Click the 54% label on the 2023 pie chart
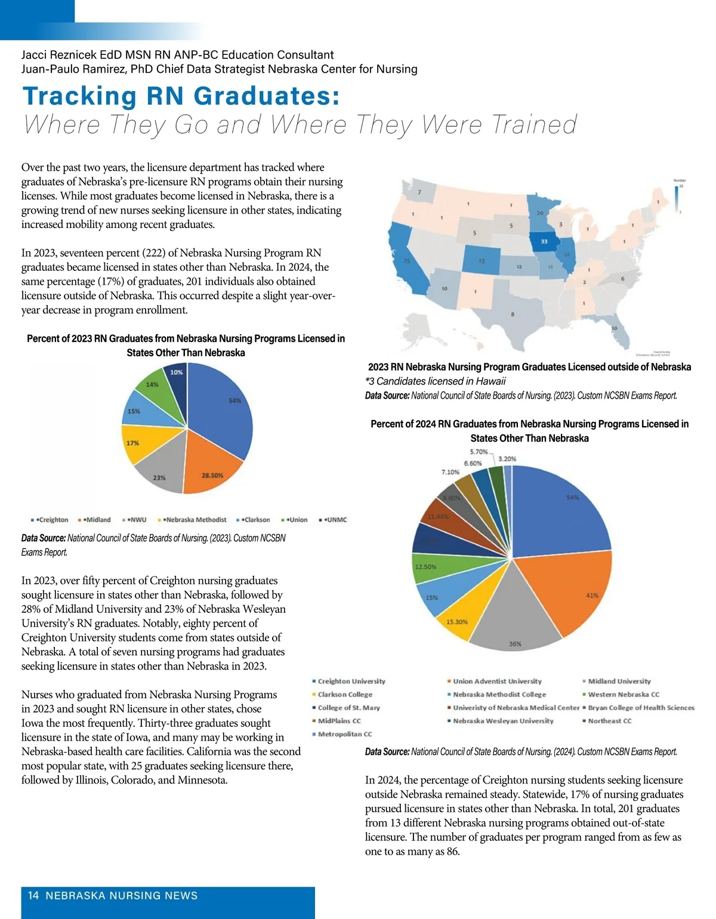pos(234,400)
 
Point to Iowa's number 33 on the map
pos(544,242)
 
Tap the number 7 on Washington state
pos(419,192)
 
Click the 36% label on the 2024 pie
pos(515,644)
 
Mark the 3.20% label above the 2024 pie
pos(507,459)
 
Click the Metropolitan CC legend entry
pos(344,734)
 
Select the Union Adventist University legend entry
pos(497,681)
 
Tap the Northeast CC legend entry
pos(609,721)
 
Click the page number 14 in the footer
pos(33,896)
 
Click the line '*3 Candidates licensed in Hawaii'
pos(436,381)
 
